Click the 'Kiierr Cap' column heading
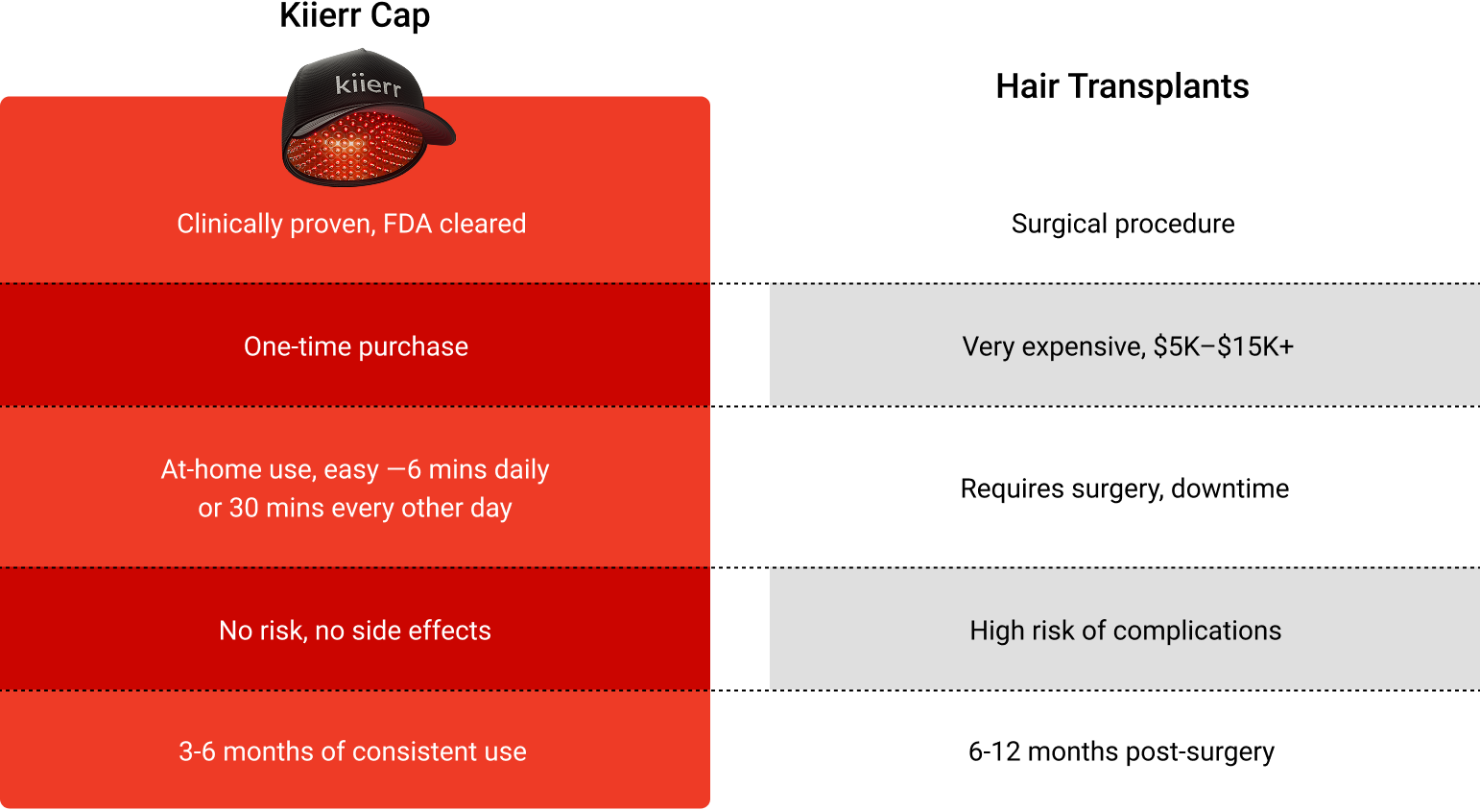355,15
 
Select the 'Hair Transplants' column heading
1122,86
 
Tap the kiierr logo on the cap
368,85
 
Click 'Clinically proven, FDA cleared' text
351,224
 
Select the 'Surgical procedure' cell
1123,224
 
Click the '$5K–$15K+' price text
1224,346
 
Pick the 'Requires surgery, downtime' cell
1125,488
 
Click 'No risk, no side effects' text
355,631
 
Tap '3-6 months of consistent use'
352,751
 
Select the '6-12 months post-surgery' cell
1121,751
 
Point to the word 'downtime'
1230,488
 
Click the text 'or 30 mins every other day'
355,508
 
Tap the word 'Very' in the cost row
988,346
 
